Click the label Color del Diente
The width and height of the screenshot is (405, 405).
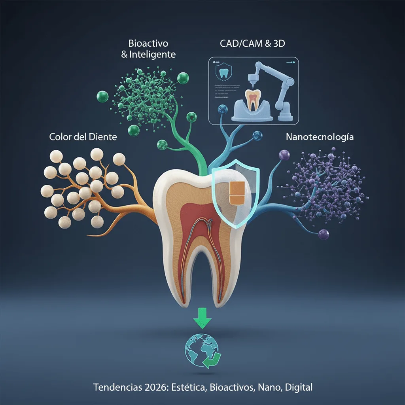pos(83,137)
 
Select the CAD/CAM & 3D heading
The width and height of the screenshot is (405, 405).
pos(252,44)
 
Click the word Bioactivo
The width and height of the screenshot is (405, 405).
pos(148,43)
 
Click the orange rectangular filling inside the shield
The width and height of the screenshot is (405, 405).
pos(237,194)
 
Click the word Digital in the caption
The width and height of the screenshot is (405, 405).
pos(297,387)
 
